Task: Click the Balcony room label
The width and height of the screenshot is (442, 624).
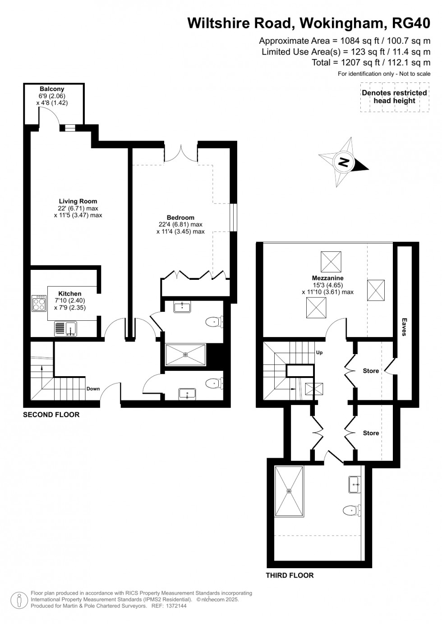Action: coord(52,89)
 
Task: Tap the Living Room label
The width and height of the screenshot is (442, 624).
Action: coord(78,201)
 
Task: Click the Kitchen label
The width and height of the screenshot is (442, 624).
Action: coord(70,294)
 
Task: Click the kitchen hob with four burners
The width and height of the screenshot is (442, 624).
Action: coord(39,303)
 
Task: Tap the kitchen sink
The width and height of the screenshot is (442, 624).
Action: coord(71,329)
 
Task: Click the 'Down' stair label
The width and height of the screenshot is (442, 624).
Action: coord(93,389)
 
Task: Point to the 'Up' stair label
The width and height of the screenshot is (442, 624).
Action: coord(319,352)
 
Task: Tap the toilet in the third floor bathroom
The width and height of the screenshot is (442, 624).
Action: coord(352,510)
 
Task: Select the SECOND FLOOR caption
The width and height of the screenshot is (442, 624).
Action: coord(51,415)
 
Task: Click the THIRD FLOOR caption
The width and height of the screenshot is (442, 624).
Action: coord(290,575)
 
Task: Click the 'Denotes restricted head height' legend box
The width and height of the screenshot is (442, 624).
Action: coord(394,97)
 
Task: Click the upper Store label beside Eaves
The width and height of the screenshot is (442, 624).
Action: coord(371,371)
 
